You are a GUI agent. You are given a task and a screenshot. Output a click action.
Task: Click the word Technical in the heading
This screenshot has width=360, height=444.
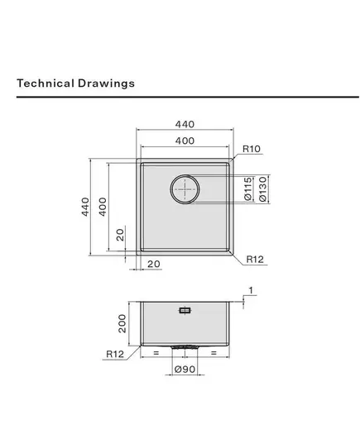point(46,84)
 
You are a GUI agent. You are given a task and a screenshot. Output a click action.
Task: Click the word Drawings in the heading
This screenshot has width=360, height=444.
point(106,84)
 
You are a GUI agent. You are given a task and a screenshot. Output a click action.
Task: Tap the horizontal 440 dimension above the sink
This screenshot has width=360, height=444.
point(185,124)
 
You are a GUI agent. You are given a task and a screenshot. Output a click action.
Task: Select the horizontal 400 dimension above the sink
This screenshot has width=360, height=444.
point(185,141)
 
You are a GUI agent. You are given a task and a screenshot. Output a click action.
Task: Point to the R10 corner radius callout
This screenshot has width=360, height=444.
point(252,149)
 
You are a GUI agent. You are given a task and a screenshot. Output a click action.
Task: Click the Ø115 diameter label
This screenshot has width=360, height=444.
point(247,189)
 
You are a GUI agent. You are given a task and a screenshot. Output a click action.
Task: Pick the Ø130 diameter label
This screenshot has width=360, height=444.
point(263,189)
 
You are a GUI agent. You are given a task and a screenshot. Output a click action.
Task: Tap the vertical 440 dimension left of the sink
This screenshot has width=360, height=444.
point(85,207)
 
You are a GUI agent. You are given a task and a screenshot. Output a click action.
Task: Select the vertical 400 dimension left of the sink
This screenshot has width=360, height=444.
point(103,207)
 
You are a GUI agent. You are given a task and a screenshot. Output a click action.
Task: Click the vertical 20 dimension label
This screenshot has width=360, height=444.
point(121,235)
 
